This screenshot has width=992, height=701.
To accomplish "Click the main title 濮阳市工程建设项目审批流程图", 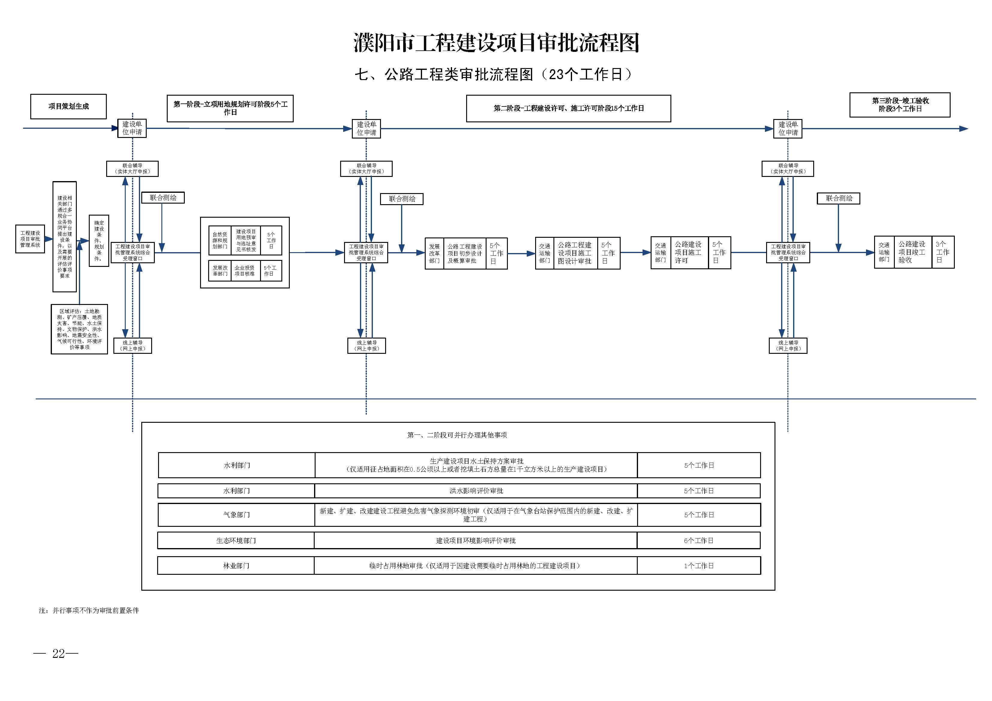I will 496,43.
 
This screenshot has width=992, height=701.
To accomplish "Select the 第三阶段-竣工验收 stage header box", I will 900,105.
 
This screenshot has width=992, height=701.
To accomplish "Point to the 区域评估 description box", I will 79,329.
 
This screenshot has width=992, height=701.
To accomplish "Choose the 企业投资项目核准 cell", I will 244,271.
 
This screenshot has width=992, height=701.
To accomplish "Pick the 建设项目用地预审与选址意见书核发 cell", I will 246,240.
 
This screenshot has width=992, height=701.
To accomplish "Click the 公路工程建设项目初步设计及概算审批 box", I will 464,254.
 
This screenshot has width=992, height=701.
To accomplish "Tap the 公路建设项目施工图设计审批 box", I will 575,253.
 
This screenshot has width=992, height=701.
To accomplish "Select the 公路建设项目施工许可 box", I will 689,253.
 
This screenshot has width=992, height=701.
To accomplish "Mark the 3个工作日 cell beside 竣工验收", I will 942,252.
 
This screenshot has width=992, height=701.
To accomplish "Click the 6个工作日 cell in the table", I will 699,540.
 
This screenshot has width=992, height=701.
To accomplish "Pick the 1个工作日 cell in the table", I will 699,566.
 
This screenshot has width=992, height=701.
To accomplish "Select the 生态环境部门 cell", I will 236,540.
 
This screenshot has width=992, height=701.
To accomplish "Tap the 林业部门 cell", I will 236,566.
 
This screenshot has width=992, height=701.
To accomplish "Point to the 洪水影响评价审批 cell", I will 476,491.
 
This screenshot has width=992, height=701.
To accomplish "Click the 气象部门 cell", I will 236,515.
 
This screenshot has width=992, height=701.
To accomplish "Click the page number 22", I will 58,654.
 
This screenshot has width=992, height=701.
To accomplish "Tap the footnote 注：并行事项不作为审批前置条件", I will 89,610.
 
